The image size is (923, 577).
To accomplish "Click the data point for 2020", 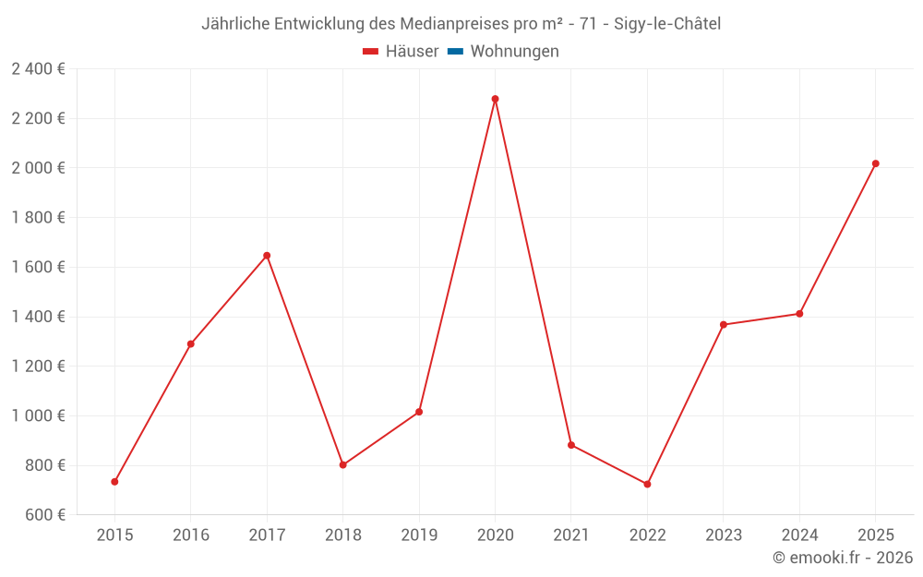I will pos(495,99).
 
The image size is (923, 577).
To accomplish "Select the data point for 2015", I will pos(114,482).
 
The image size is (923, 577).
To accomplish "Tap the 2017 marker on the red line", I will pos(267,256).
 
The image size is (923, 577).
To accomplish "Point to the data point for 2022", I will pos(647,484).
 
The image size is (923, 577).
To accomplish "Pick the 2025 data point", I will pos(875,163).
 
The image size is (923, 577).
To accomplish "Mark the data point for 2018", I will pos(342,464).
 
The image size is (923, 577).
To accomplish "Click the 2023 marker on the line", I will pos(723,325).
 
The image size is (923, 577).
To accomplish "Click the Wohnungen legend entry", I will pos(514,52).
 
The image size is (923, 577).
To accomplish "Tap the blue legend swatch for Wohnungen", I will pos(455,52).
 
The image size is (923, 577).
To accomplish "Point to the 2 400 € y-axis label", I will pos(38,68).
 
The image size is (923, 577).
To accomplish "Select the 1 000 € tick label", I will pos(38,415).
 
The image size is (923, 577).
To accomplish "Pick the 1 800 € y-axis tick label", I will pos(38,217).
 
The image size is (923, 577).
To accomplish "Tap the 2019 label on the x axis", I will pos(419,535).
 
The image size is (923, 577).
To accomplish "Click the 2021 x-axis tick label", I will pos(570,535).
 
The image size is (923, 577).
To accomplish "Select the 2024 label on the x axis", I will pos(799,535).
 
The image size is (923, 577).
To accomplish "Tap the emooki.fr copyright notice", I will pos(843,558).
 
